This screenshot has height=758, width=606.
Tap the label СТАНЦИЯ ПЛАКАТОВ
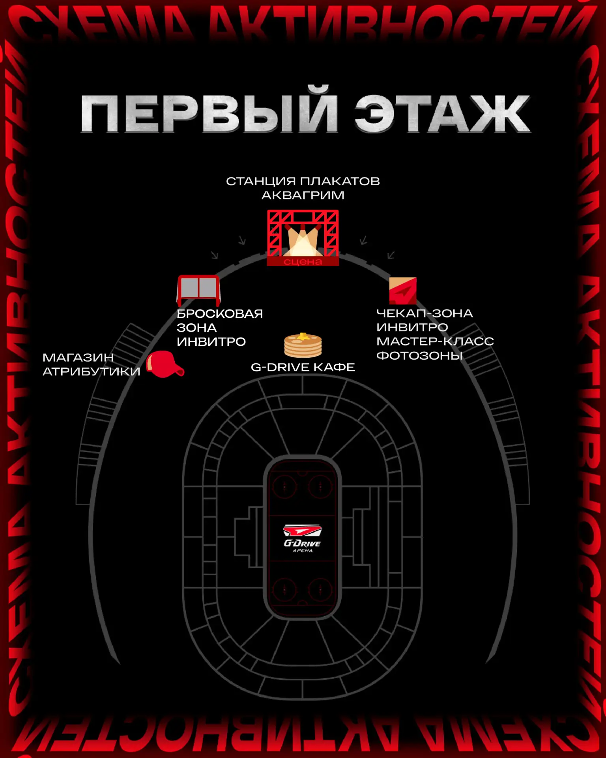coord(303,181)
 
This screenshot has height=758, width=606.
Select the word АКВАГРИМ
coord(303,195)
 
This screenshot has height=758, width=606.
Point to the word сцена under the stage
coord(303,261)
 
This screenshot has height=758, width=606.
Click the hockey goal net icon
coord(198,289)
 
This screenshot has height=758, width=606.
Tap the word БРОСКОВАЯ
coord(219,313)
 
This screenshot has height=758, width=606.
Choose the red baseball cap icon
coord(165,364)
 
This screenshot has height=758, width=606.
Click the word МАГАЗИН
coord(78,357)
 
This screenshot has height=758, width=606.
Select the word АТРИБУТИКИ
coord(91,371)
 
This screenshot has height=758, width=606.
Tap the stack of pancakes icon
coord(303,345)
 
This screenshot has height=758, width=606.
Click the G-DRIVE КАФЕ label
coord(303,367)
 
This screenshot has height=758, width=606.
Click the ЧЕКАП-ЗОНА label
coord(424,313)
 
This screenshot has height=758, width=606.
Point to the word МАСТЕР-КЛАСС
coord(435,341)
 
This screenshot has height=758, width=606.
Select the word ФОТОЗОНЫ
coord(419,355)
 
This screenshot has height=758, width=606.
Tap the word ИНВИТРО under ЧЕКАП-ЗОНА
coord(412,327)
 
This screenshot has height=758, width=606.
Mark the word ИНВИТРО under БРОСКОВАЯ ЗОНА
coord(211,341)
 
